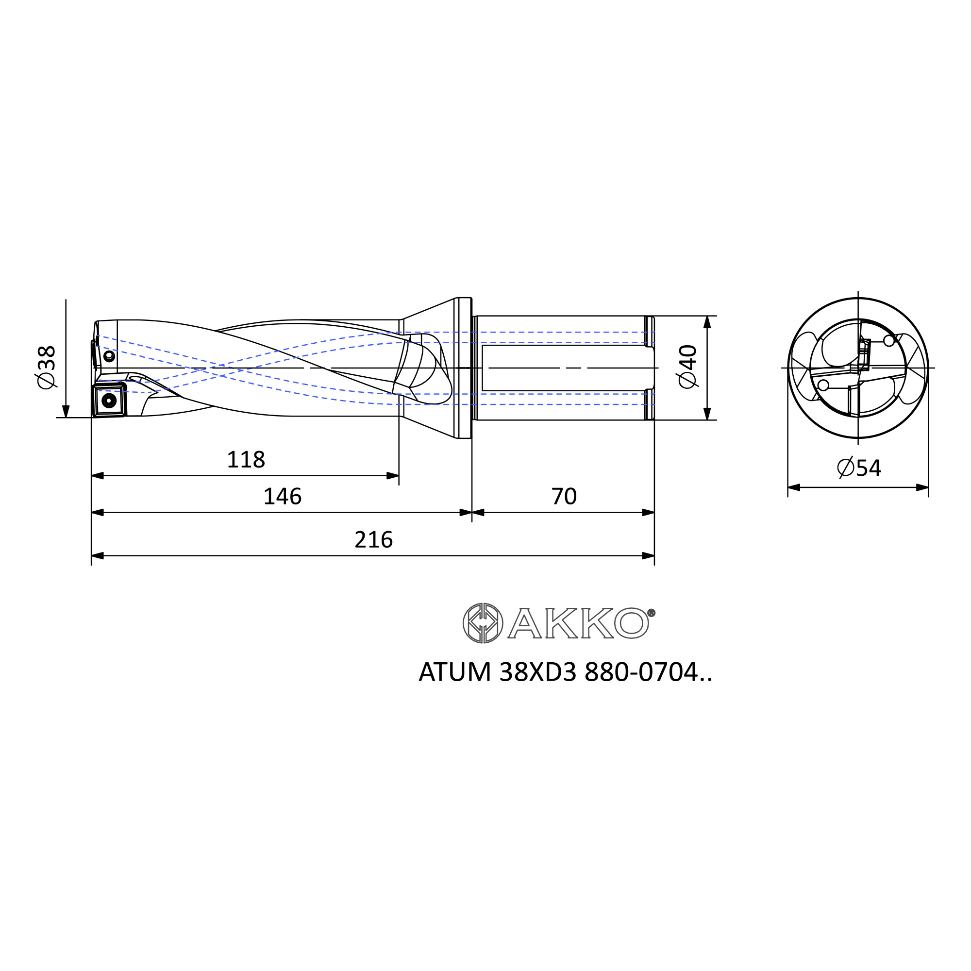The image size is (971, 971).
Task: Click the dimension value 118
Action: point(246,460)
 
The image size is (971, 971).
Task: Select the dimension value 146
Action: point(283,497)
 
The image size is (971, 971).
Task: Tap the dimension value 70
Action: point(564,497)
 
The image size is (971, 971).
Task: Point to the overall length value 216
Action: point(373,540)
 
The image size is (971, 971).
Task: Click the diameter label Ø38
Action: point(46,367)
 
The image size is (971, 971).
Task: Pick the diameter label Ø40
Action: point(688,367)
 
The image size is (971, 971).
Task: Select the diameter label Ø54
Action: point(859,468)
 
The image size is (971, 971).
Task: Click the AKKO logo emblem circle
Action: point(483,623)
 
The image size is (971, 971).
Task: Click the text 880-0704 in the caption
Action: point(641,672)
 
